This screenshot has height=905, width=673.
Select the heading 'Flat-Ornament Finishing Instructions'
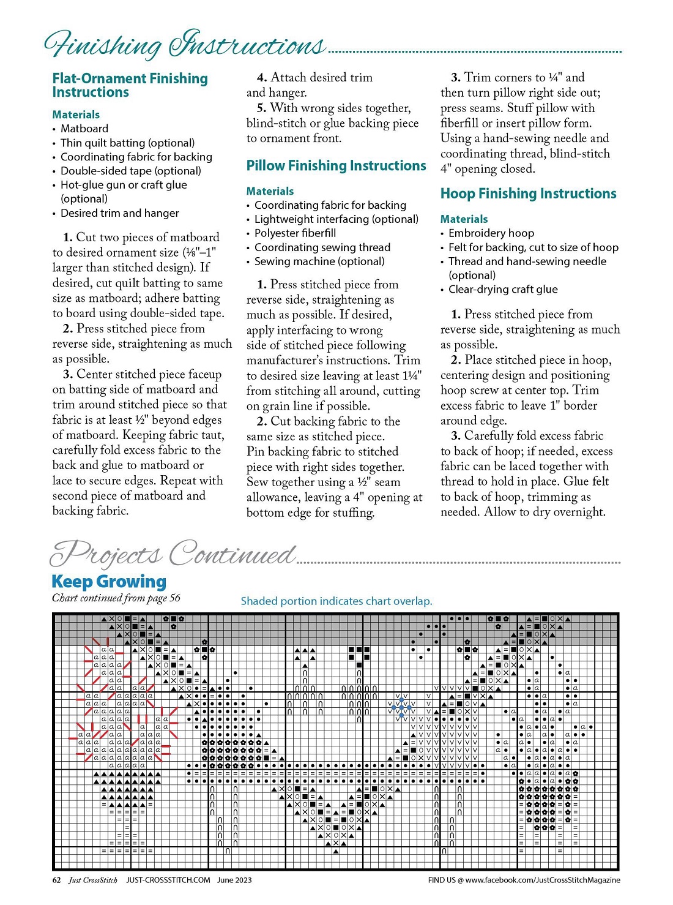pos(130,85)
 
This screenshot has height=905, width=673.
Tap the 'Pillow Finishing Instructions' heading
pos(336,165)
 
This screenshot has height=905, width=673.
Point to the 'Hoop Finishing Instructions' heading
pos(528,193)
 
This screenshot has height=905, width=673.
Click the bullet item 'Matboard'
pos(84,129)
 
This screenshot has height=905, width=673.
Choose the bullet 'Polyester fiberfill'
pos(295,233)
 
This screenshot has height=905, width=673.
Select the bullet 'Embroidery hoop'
pos(491,233)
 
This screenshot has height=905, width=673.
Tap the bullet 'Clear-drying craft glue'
pos(503,290)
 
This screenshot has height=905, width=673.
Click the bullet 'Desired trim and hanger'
pos(119,213)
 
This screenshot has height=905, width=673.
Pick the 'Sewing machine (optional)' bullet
pos(319,261)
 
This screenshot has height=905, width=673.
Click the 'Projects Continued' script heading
pos(173,554)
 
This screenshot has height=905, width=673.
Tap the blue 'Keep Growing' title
pos(109,581)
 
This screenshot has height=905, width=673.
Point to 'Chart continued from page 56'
pos(116,598)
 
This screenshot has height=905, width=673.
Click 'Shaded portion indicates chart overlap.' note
pos(336,601)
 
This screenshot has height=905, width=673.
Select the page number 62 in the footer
pos(56,880)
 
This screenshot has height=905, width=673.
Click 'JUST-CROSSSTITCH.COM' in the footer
pos(168,880)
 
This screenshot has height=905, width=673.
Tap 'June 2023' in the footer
pos(234,880)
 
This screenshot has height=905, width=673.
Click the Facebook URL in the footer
pos(524,880)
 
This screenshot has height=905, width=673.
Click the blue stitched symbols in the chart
pos(401,708)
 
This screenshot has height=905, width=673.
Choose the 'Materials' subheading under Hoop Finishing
pos(464,219)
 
